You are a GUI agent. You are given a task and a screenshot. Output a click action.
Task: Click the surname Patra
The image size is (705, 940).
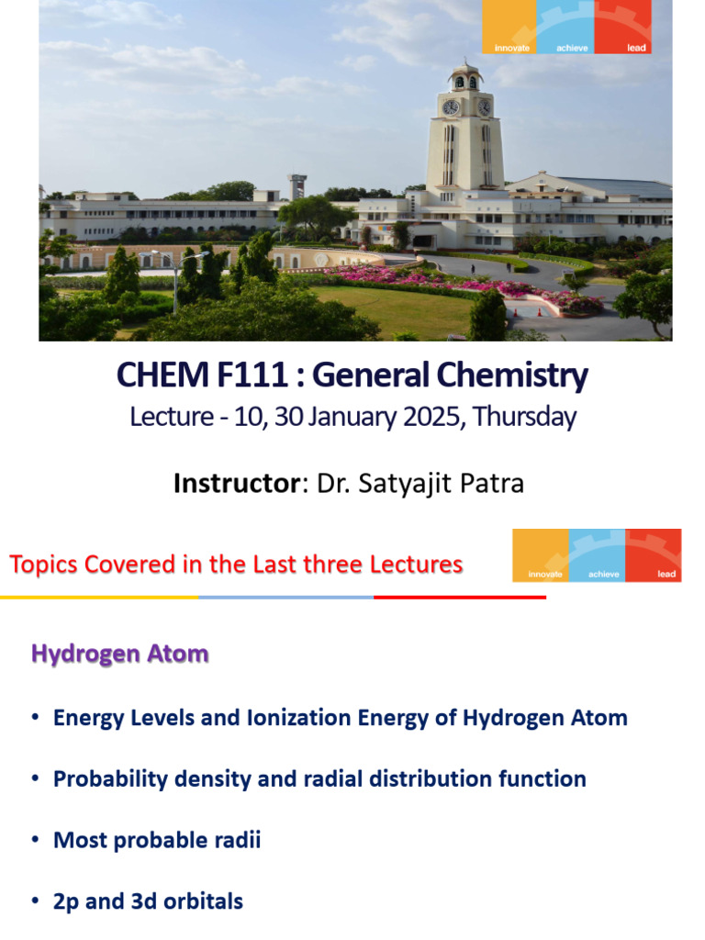pyautogui.click(x=493, y=483)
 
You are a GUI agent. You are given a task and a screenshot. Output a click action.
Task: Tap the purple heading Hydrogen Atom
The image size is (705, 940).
pyautogui.click(x=119, y=654)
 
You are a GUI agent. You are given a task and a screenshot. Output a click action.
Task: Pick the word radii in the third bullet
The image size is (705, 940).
pyautogui.click(x=238, y=840)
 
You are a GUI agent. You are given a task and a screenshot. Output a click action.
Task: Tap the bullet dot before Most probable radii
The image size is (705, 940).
pyautogui.click(x=35, y=840)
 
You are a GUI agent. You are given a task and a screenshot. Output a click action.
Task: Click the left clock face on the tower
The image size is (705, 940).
pyautogui.click(x=451, y=107)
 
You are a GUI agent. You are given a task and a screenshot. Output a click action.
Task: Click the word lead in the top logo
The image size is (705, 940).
pyautogui.click(x=636, y=48)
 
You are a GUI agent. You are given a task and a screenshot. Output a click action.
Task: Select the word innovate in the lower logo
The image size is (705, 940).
pyautogui.click(x=542, y=575)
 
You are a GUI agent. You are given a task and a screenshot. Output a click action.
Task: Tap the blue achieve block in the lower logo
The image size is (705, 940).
pyautogui.click(x=598, y=554)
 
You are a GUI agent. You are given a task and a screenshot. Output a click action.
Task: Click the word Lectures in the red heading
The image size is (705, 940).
pyautogui.click(x=417, y=565)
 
